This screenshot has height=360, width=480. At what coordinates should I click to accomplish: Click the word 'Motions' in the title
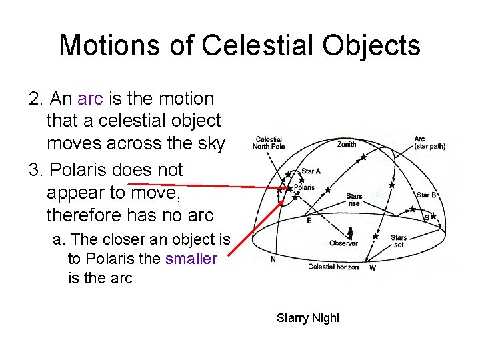pyautogui.click(x=107, y=45)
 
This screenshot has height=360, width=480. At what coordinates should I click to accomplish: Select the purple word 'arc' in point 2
pyautogui.click(x=90, y=99)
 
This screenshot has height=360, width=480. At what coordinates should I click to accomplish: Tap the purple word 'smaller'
pyautogui.click(x=191, y=259)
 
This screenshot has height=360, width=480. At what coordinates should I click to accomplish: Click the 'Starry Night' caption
pyautogui.click(x=308, y=318)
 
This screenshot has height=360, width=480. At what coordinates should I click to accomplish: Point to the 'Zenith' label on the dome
pyautogui.click(x=346, y=144)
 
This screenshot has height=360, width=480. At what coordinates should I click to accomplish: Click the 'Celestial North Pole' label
pyautogui.click(x=269, y=143)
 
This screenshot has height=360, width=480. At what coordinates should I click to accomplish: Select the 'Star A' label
pyautogui.click(x=311, y=171)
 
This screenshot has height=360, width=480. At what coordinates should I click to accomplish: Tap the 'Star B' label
pyautogui.click(x=426, y=195)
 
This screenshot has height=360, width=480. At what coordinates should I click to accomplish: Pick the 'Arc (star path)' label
pyautogui.click(x=429, y=143)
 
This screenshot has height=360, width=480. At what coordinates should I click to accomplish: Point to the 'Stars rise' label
pyautogui.click(x=354, y=200)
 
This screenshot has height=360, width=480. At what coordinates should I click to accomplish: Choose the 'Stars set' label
pyautogui.click(x=399, y=241)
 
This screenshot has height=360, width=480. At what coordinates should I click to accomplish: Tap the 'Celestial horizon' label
pyautogui.click(x=333, y=267)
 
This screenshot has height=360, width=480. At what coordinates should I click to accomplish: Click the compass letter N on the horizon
pyautogui.click(x=273, y=261)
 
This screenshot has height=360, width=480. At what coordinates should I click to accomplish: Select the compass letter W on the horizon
pyautogui.click(x=372, y=268)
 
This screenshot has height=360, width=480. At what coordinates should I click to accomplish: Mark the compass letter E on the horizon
pyautogui.click(x=308, y=219)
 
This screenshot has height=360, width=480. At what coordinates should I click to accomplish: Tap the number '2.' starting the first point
pyautogui.click(x=37, y=99)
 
